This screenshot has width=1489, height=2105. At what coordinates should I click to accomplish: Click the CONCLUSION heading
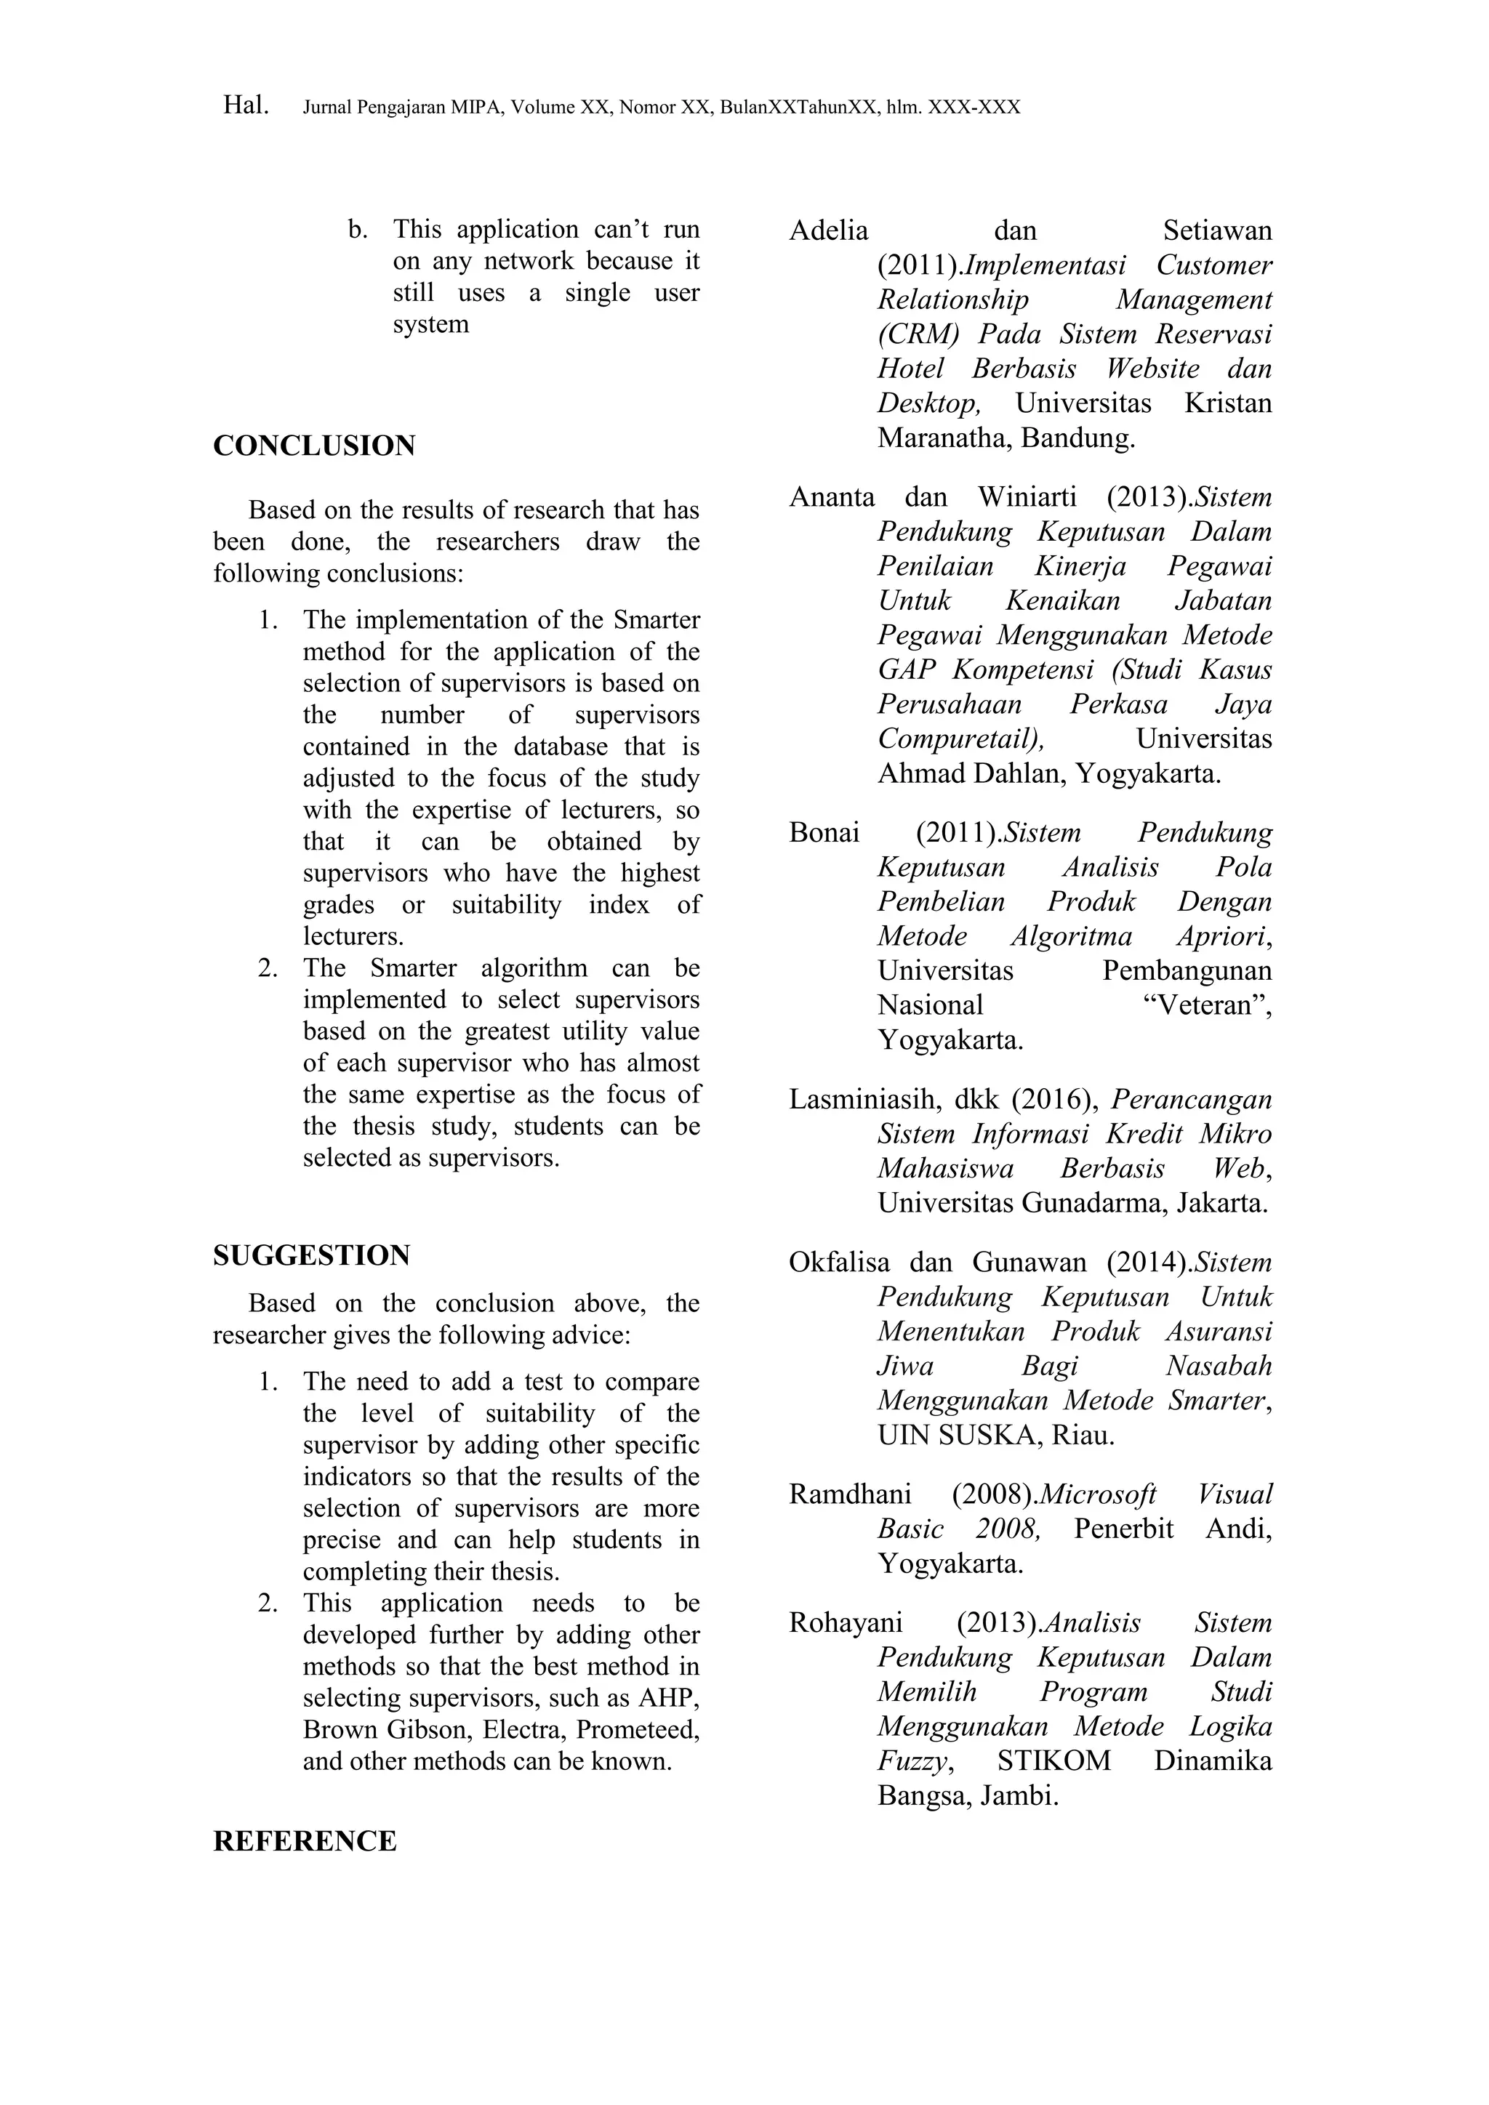[313, 446]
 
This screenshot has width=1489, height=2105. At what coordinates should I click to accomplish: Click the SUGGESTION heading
[312, 1255]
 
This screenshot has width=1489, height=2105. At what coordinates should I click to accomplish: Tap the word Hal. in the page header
[246, 105]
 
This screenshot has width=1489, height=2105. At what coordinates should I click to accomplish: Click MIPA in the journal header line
[477, 108]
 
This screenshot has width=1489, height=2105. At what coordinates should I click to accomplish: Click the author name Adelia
[828, 230]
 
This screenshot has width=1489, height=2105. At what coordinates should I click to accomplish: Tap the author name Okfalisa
[839, 1263]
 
